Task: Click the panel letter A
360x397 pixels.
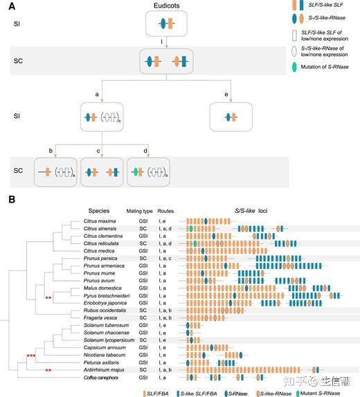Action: click(10, 6)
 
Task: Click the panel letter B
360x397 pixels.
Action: click(10, 201)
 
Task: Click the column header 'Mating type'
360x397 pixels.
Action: click(138, 210)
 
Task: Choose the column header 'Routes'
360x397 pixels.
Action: click(165, 210)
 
